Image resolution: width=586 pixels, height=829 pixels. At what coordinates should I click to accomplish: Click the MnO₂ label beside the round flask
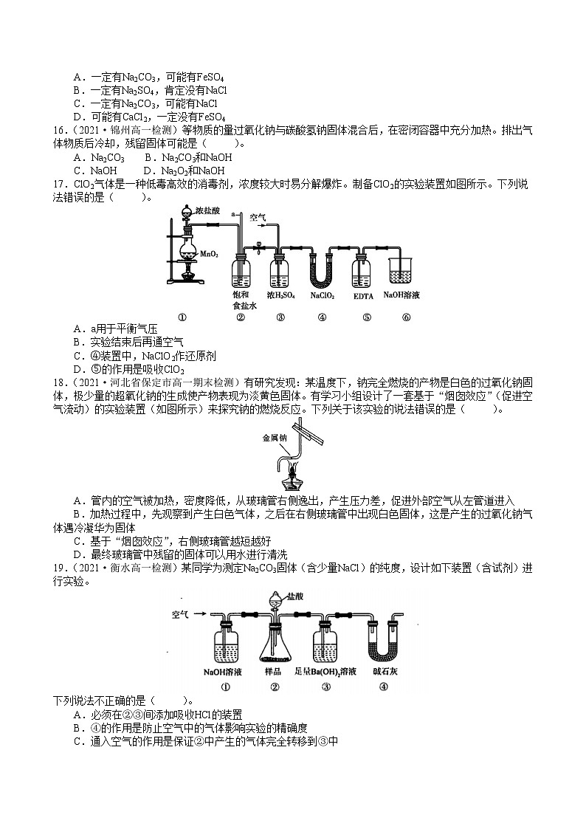pos(209,255)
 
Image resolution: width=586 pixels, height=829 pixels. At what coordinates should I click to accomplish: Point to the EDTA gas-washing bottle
pos(361,270)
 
